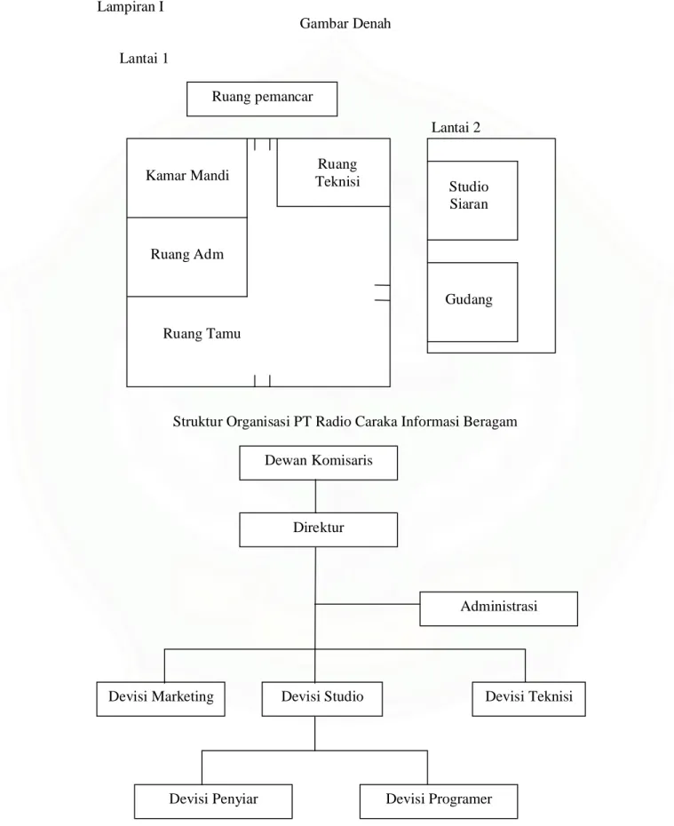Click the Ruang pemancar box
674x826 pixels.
262,99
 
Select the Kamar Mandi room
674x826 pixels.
187,178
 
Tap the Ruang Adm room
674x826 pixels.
187,257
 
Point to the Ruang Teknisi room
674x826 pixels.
333,172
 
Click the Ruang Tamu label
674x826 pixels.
202,333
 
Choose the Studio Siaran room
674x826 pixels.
472,201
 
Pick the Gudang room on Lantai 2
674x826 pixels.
472,302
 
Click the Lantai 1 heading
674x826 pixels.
144,58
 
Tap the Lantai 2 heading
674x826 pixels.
456,127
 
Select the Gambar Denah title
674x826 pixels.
345,23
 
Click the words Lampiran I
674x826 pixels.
131,7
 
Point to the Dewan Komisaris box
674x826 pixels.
319,463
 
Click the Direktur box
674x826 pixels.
319,530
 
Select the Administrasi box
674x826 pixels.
499,608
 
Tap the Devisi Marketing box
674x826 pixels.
161,699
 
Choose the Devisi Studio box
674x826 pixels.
322,699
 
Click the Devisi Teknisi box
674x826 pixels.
528,699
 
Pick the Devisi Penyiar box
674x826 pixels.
213,801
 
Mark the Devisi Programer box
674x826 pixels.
439,801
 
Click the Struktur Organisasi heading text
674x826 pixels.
345,421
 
